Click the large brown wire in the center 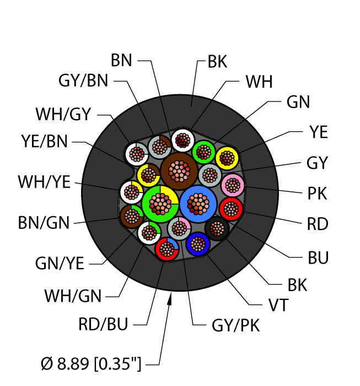179,171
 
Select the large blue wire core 198,204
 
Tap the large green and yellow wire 160,204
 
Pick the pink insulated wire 233,185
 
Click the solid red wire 231,209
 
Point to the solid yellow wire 227,158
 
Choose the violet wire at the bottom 198,244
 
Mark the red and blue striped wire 167,249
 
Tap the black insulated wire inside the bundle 217,229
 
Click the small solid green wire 204,152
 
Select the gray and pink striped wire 179,228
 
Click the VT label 278,305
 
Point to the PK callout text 317,193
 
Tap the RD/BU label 103,324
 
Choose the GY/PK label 235,325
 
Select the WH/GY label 63,114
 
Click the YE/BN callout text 44,141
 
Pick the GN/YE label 60,263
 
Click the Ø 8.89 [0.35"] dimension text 91,363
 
